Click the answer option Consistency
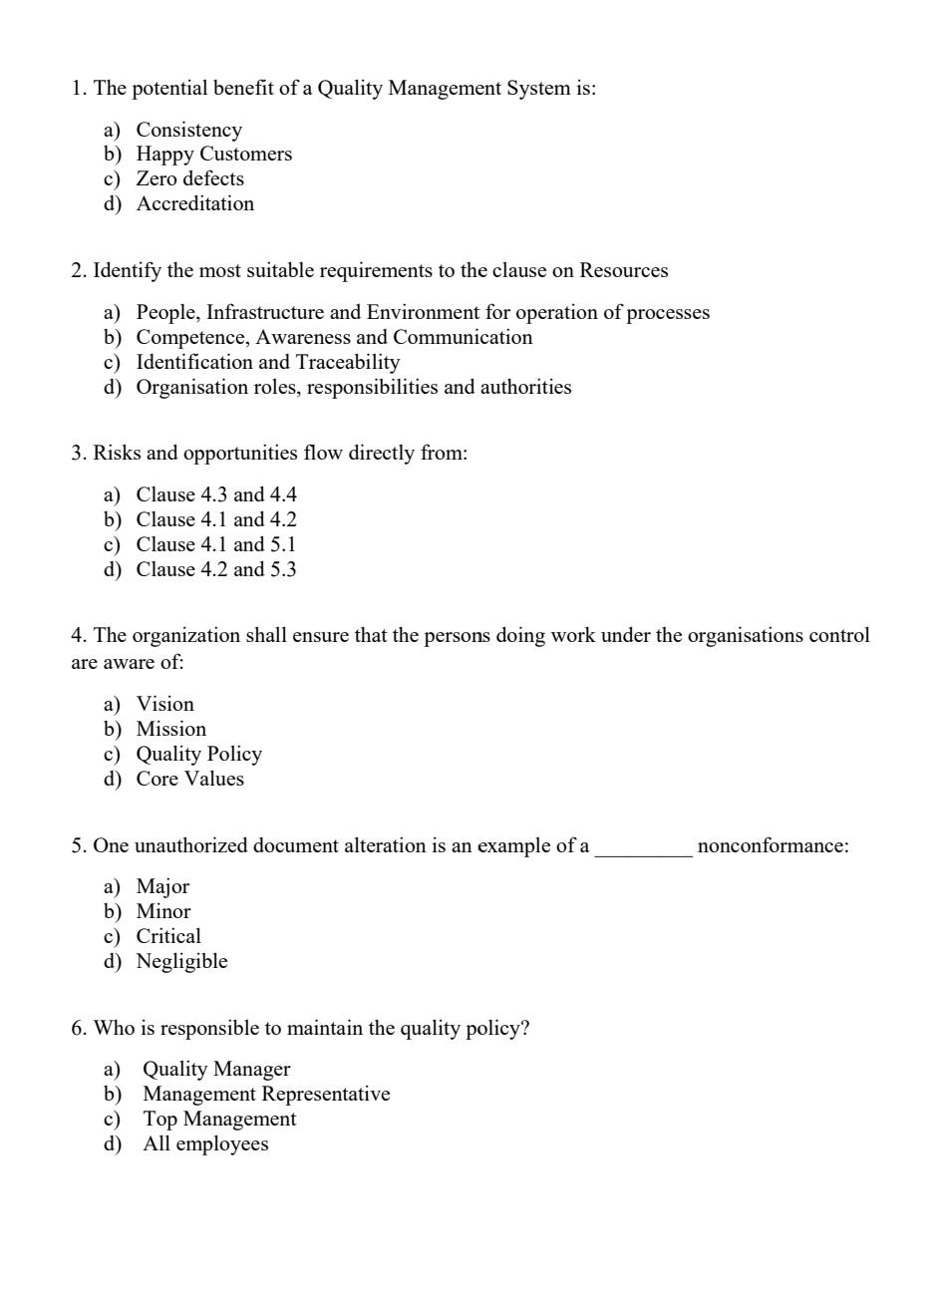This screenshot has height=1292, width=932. click(x=188, y=130)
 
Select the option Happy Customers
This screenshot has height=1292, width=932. click(x=213, y=154)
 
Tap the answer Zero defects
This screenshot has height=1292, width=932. click(x=189, y=178)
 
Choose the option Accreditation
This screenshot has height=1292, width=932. click(x=194, y=203)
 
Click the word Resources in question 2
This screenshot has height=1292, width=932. click(x=623, y=270)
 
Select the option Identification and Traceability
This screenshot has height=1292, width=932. click(x=267, y=362)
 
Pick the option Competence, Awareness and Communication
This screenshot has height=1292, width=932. click(x=334, y=337)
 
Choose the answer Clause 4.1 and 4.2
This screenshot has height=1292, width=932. click(x=216, y=519)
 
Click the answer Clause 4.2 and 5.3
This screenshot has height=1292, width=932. click(x=216, y=569)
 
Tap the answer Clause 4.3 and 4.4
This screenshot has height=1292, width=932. click(x=216, y=494)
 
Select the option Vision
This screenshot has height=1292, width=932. click(x=164, y=704)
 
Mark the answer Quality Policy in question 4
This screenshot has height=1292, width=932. click(x=198, y=754)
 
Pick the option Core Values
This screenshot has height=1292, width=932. click(x=189, y=779)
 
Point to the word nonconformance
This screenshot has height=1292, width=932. click(x=773, y=845)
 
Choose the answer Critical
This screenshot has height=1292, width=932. click(x=168, y=936)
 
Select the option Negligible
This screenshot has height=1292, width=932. click(x=181, y=961)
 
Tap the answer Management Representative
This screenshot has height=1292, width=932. click(x=266, y=1094)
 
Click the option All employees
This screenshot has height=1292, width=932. click(x=205, y=1143)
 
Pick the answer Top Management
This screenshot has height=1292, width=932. click(x=219, y=1119)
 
